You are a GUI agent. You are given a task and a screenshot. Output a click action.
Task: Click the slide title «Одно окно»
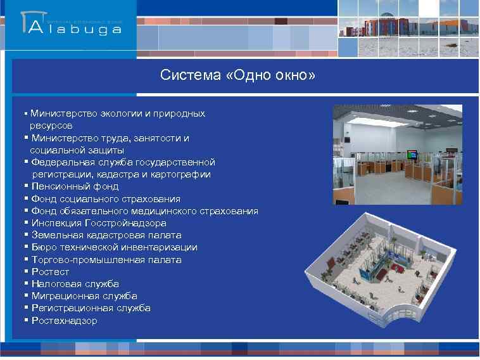[237, 76]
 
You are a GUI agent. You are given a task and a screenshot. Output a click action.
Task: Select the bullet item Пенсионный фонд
[75, 186]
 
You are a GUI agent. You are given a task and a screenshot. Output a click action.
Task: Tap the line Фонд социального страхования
[106, 199]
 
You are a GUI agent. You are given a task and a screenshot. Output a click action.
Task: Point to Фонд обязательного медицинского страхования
[144, 211]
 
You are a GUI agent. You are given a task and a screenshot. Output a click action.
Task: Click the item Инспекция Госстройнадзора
[99, 223]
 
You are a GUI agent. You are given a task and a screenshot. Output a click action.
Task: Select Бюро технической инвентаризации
[114, 247]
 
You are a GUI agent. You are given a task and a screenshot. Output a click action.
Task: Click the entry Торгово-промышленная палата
[106, 260]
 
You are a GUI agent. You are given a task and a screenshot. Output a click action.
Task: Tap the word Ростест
[51, 272]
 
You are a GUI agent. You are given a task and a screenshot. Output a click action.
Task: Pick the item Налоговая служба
[75, 284]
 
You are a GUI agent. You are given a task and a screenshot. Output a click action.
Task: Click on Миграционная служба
[84, 296]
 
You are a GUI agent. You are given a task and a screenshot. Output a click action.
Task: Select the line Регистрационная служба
[91, 308]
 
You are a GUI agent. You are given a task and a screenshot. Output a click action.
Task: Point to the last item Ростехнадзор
[64, 321]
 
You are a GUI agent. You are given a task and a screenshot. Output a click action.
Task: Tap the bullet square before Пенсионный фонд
[26, 186]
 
